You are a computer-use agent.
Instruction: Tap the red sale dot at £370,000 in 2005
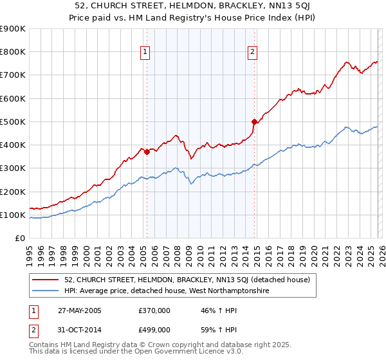[x=147, y=152]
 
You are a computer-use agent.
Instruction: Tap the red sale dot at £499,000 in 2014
[x=254, y=122]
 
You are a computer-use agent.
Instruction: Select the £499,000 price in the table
[x=154, y=330]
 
